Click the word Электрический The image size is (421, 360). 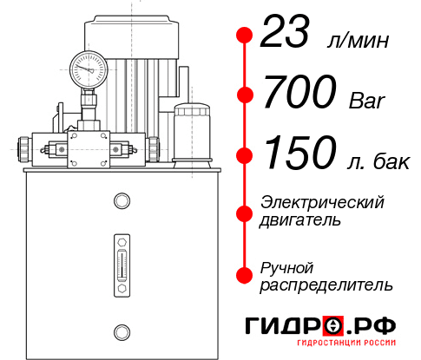(322, 202)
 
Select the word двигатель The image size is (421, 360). (300, 220)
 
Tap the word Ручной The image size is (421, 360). (287, 266)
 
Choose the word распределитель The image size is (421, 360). (326, 285)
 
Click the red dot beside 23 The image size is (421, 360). (245, 36)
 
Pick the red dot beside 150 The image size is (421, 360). (245, 155)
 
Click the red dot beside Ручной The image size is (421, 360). (245, 274)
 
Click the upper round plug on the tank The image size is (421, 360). (122, 201)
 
